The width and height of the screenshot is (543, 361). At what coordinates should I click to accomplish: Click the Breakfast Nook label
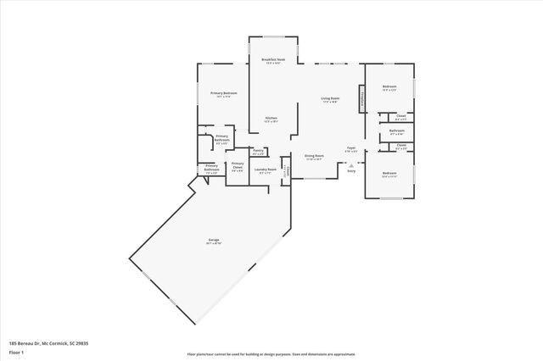(x=273, y=60)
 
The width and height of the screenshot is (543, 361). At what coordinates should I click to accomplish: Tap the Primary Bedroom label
(x=224, y=93)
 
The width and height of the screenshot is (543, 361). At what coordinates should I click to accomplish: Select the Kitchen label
(x=271, y=119)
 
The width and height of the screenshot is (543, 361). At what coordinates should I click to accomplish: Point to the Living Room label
(x=330, y=100)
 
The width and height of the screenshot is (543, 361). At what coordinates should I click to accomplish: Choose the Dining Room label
(x=313, y=156)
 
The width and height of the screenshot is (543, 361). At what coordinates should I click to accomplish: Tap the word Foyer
(x=351, y=149)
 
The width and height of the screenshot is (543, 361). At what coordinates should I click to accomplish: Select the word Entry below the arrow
(x=351, y=170)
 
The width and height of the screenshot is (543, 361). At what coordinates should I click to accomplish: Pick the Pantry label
(x=258, y=151)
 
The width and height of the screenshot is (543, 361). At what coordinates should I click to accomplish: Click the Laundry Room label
(x=266, y=169)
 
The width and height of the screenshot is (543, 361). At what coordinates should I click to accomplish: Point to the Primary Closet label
(x=238, y=166)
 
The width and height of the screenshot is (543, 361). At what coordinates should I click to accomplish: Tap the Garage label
(x=214, y=241)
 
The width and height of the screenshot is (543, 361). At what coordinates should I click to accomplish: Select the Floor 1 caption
(x=17, y=351)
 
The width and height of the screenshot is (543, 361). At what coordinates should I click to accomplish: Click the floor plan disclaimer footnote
(x=271, y=353)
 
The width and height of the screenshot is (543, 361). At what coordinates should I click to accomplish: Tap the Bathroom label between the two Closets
(x=396, y=132)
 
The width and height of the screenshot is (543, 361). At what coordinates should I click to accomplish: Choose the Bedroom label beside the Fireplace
(x=389, y=87)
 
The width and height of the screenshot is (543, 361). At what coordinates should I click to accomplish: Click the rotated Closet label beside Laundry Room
(x=288, y=171)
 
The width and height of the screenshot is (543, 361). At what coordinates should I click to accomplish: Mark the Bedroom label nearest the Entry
(x=389, y=174)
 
